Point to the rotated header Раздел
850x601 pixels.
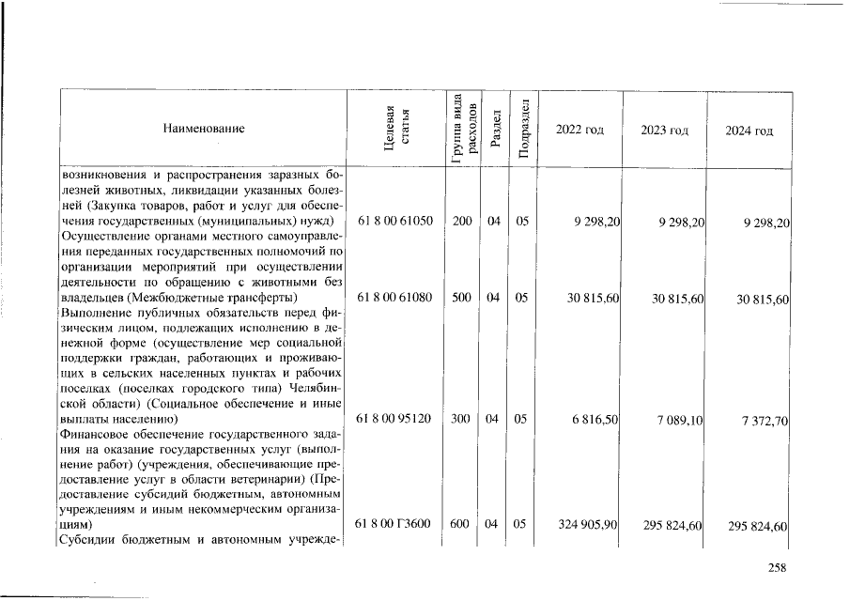tap(493, 129)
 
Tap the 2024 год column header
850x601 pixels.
tap(750, 130)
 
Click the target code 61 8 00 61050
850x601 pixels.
tap(395, 222)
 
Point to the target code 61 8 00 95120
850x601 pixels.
tap(395, 419)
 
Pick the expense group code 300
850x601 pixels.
tap(461, 419)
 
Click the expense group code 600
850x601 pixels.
tap(461, 524)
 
